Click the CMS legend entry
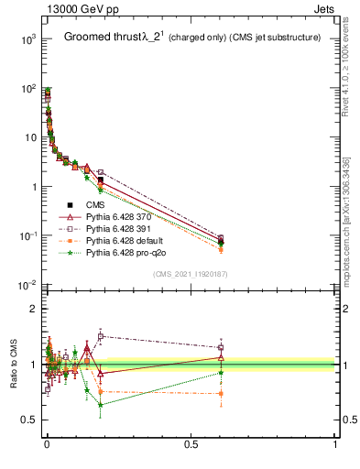coord(96,204)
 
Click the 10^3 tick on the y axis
coord(28,38)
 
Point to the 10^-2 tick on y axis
coord(28,285)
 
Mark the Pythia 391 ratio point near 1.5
coord(101,336)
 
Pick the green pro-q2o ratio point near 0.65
coord(101,404)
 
